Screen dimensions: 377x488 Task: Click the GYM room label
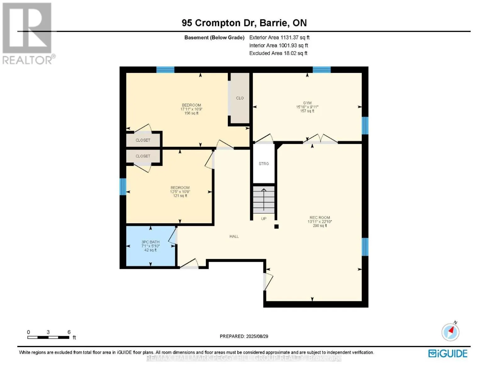(x=307, y=103)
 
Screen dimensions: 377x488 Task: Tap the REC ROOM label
(x=320, y=217)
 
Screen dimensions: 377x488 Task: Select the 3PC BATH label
(x=150, y=242)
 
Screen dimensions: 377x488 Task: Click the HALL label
(x=234, y=237)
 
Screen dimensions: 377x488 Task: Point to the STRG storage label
(x=264, y=164)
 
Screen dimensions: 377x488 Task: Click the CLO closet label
(x=240, y=98)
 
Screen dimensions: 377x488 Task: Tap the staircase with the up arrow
(x=264, y=199)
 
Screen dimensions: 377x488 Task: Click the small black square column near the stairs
(x=277, y=226)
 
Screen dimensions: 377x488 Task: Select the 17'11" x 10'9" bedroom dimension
(x=191, y=109)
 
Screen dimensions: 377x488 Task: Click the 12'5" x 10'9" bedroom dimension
(x=180, y=192)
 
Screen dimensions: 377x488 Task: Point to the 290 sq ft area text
(x=320, y=226)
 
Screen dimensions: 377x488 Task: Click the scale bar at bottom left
(x=48, y=337)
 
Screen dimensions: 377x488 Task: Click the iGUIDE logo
(x=448, y=353)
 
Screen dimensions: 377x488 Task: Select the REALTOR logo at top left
(x=28, y=33)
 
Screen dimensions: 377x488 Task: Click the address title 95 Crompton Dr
(x=244, y=23)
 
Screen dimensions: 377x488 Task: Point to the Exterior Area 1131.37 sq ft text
(x=279, y=37)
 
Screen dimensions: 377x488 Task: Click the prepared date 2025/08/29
(x=244, y=336)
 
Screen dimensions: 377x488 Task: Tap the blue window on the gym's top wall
(x=321, y=70)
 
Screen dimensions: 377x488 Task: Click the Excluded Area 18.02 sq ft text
(x=278, y=53)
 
